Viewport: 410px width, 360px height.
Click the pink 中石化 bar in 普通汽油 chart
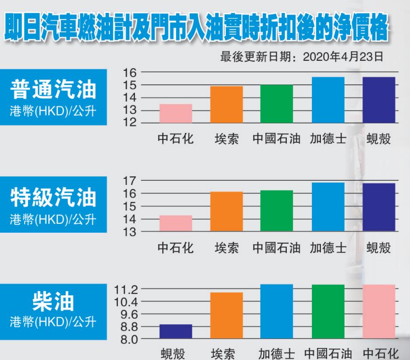[176, 113]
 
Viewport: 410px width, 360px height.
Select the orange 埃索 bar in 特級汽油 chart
[227, 212]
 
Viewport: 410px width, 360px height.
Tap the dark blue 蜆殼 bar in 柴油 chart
[176, 332]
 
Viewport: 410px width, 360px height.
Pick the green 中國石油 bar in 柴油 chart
[328, 312]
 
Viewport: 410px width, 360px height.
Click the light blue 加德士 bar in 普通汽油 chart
[328, 100]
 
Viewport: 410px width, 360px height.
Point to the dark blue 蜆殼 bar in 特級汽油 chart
[379, 207]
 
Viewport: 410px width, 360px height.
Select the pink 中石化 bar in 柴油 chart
[379, 312]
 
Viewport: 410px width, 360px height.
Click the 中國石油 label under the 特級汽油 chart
[276, 248]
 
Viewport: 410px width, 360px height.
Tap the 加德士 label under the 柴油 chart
[276, 354]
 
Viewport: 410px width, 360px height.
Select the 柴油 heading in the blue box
[53, 302]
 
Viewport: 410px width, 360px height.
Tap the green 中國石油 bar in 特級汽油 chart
[276, 211]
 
